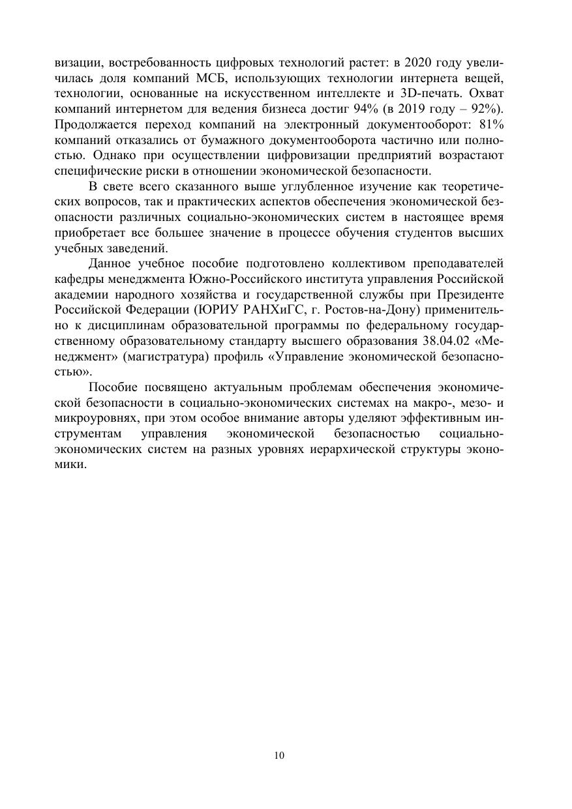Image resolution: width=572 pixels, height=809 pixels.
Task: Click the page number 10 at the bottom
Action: tap(280, 756)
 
